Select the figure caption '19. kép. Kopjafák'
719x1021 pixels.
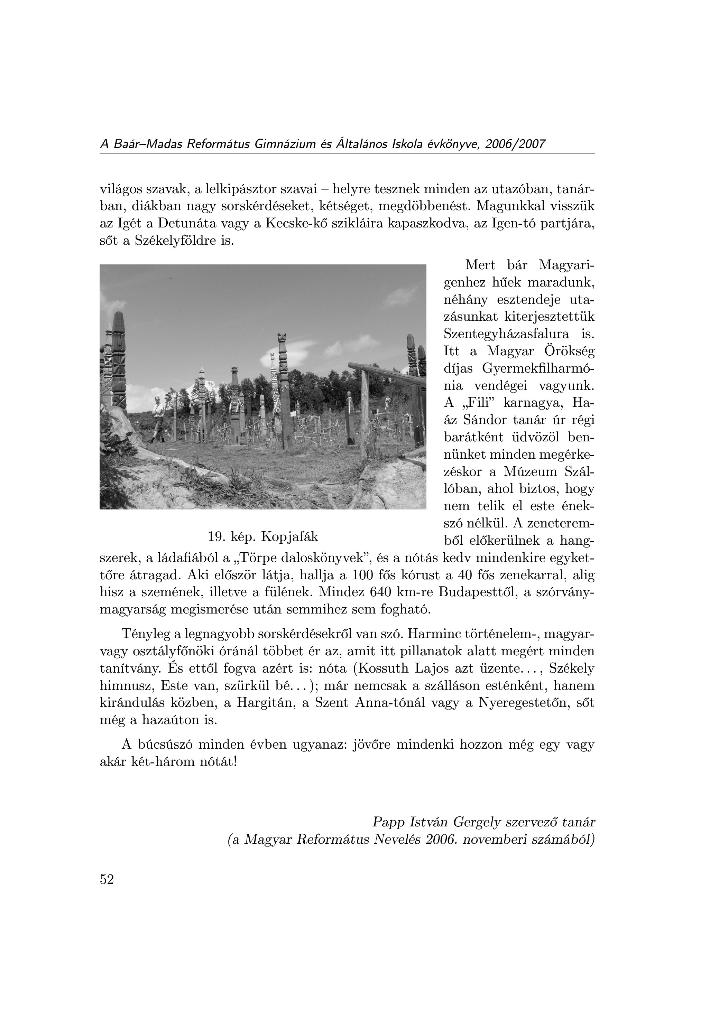click(263, 537)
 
